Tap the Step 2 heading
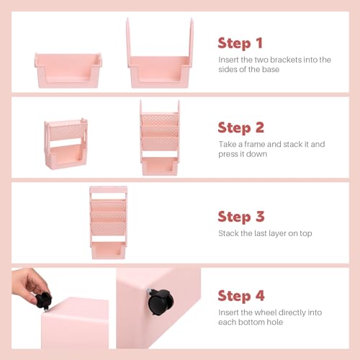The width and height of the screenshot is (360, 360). pyautogui.click(x=241, y=127)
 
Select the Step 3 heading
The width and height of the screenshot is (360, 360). pyautogui.click(x=241, y=216)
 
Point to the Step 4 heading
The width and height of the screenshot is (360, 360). pyautogui.click(x=242, y=295)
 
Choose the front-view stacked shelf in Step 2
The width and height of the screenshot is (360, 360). pyautogui.click(x=159, y=137)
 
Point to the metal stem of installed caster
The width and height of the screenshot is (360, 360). pyautogui.click(x=148, y=293)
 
